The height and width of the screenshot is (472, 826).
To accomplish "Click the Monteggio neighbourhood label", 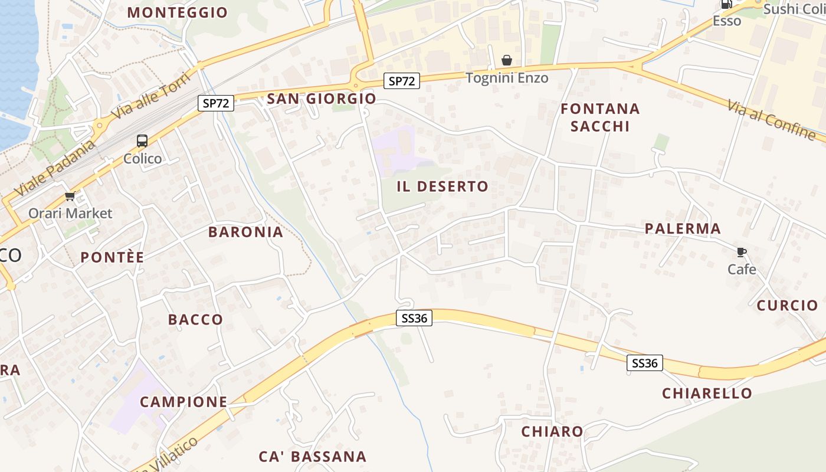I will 178,12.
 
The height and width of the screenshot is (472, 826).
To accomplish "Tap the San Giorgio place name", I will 322,99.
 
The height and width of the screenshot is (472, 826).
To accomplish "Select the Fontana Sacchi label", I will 600,117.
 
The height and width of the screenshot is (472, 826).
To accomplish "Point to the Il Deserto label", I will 442,186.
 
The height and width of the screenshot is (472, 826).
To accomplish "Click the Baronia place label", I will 246,232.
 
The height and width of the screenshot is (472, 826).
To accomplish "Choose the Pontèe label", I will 112,257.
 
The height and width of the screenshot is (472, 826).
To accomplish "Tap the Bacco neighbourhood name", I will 196,319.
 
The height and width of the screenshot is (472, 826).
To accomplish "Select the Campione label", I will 183,402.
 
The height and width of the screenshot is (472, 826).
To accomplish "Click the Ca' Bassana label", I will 313,456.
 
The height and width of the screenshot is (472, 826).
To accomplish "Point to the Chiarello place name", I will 707,393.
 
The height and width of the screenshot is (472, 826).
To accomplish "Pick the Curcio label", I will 787,305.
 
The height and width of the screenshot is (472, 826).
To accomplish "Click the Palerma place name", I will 683,228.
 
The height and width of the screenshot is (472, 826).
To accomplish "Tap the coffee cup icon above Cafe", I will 742,253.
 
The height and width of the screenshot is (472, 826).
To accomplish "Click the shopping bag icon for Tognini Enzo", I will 507,60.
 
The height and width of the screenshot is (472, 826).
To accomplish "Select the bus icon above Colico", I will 142,141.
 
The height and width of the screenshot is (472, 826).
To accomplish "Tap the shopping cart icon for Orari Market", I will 70,196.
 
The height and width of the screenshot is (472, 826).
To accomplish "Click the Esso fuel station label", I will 727,21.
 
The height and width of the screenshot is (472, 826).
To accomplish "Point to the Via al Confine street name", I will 771,120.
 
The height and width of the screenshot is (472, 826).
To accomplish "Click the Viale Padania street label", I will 55,169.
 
